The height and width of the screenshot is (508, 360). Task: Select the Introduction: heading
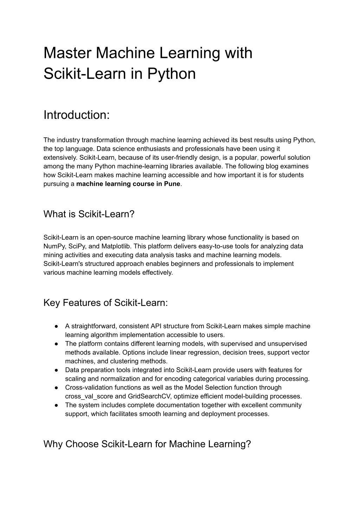(x=77, y=115)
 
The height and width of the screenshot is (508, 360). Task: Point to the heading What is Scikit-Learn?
(x=89, y=214)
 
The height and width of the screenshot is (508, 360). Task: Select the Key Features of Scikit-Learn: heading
(x=105, y=302)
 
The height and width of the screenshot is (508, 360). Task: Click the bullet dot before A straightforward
(x=56, y=326)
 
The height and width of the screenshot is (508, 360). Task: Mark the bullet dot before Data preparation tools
(x=56, y=370)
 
